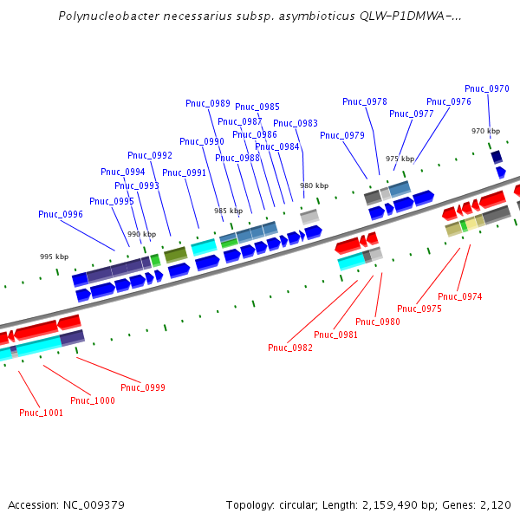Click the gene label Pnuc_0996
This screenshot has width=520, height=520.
(61, 214)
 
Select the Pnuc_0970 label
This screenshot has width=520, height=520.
(487, 88)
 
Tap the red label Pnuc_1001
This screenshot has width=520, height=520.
(42, 413)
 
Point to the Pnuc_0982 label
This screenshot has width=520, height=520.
(290, 348)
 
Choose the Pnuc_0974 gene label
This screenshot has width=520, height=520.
(460, 296)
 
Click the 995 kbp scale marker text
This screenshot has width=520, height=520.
(54, 257)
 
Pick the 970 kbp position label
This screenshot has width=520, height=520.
(485, 131)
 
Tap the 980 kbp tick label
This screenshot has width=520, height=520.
(315, 185)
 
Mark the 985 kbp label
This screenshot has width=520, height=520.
(229, 211)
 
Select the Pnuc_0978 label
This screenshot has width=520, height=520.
(365, 101)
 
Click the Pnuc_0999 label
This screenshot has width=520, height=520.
(143, 387)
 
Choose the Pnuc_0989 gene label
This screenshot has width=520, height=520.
(208, 103)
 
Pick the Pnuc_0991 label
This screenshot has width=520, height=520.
(185, 172)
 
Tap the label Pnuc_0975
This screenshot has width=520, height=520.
(419, 309)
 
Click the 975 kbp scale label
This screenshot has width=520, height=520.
(400, 159)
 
